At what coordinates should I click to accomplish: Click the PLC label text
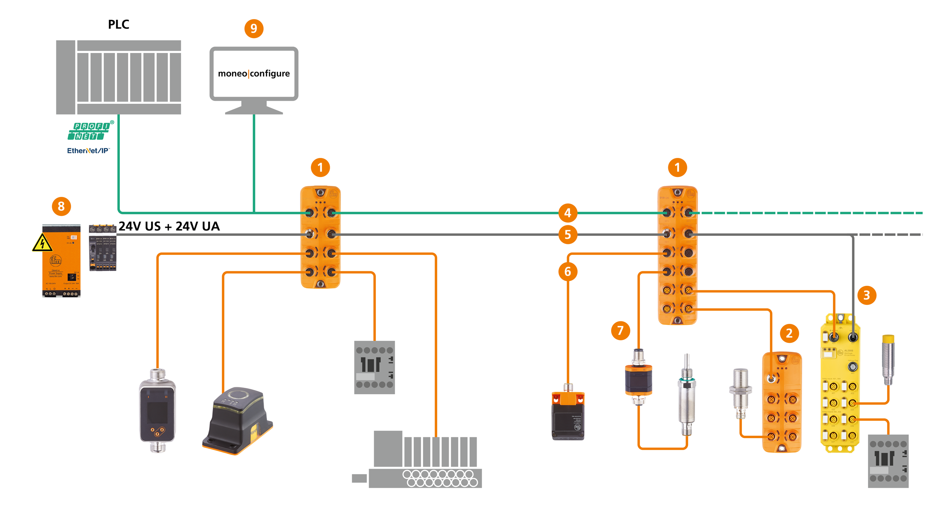[118, 25]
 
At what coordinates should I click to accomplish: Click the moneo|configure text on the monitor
[254, 74]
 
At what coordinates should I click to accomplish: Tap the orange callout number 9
[254, 28]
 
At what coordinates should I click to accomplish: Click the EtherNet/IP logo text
[88, 151]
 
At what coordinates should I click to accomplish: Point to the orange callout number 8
[61, 206]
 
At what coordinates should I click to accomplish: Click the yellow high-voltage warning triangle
[42, 243]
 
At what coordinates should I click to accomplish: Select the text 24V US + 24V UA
[169, 227]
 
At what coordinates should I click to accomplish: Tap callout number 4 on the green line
[568, 213]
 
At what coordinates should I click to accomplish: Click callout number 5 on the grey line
[568, 235]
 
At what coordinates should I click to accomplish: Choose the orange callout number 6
[568, 271]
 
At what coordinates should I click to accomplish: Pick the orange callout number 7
[620, 330]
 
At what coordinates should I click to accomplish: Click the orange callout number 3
[866, 295]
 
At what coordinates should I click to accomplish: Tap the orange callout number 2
[789, 333]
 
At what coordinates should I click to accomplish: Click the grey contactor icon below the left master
[375, 367]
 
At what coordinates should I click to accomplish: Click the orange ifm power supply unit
[61, 260]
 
